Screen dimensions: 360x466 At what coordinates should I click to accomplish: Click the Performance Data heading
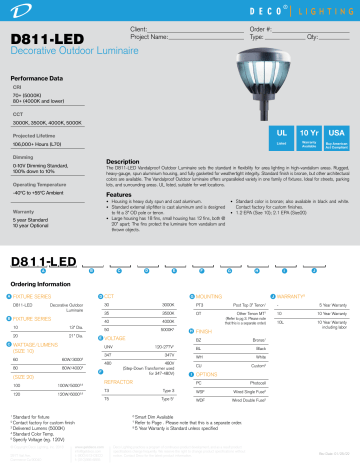[x=39, y=77]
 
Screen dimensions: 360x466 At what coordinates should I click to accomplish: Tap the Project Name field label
[x=140, y=38]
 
